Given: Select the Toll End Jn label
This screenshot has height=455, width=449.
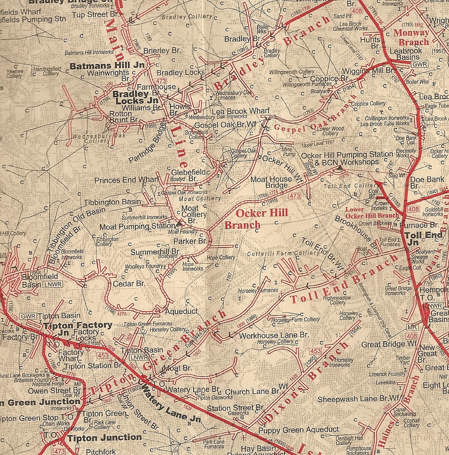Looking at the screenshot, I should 418,238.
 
